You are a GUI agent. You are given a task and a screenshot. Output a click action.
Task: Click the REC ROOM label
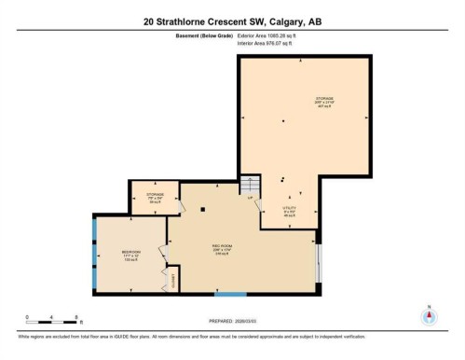pyautogui.click(x=222, y=247)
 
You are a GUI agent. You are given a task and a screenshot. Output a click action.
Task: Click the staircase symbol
pyautogui.click(x=248, y=185)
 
